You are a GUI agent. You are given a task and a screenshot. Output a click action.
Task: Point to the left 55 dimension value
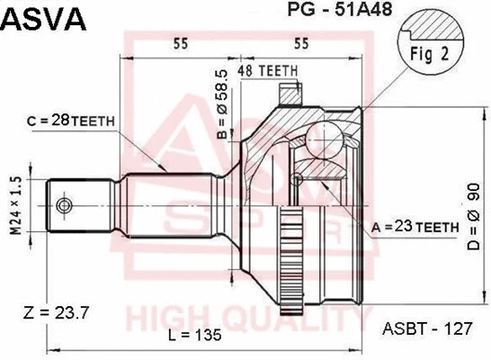[181, 42]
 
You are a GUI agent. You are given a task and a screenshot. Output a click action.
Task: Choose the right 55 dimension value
[301, 42]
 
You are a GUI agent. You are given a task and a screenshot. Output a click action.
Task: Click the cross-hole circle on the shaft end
[64, 206]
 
